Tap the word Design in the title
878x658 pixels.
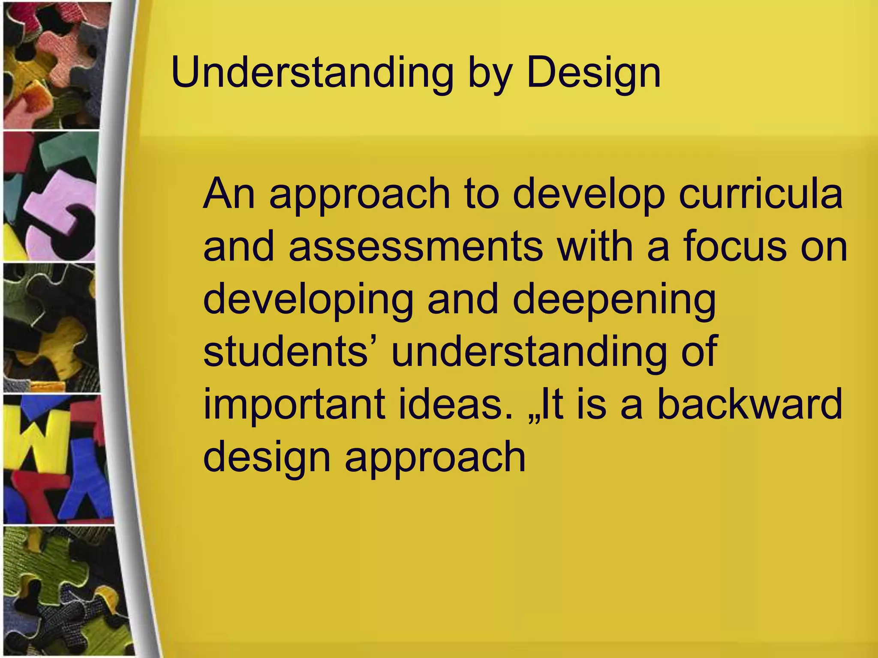(x=593, y=74)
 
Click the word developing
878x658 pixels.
(x=308, y=300)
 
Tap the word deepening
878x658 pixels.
(x=614, y=300)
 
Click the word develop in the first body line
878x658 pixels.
(x=588, y=195)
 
